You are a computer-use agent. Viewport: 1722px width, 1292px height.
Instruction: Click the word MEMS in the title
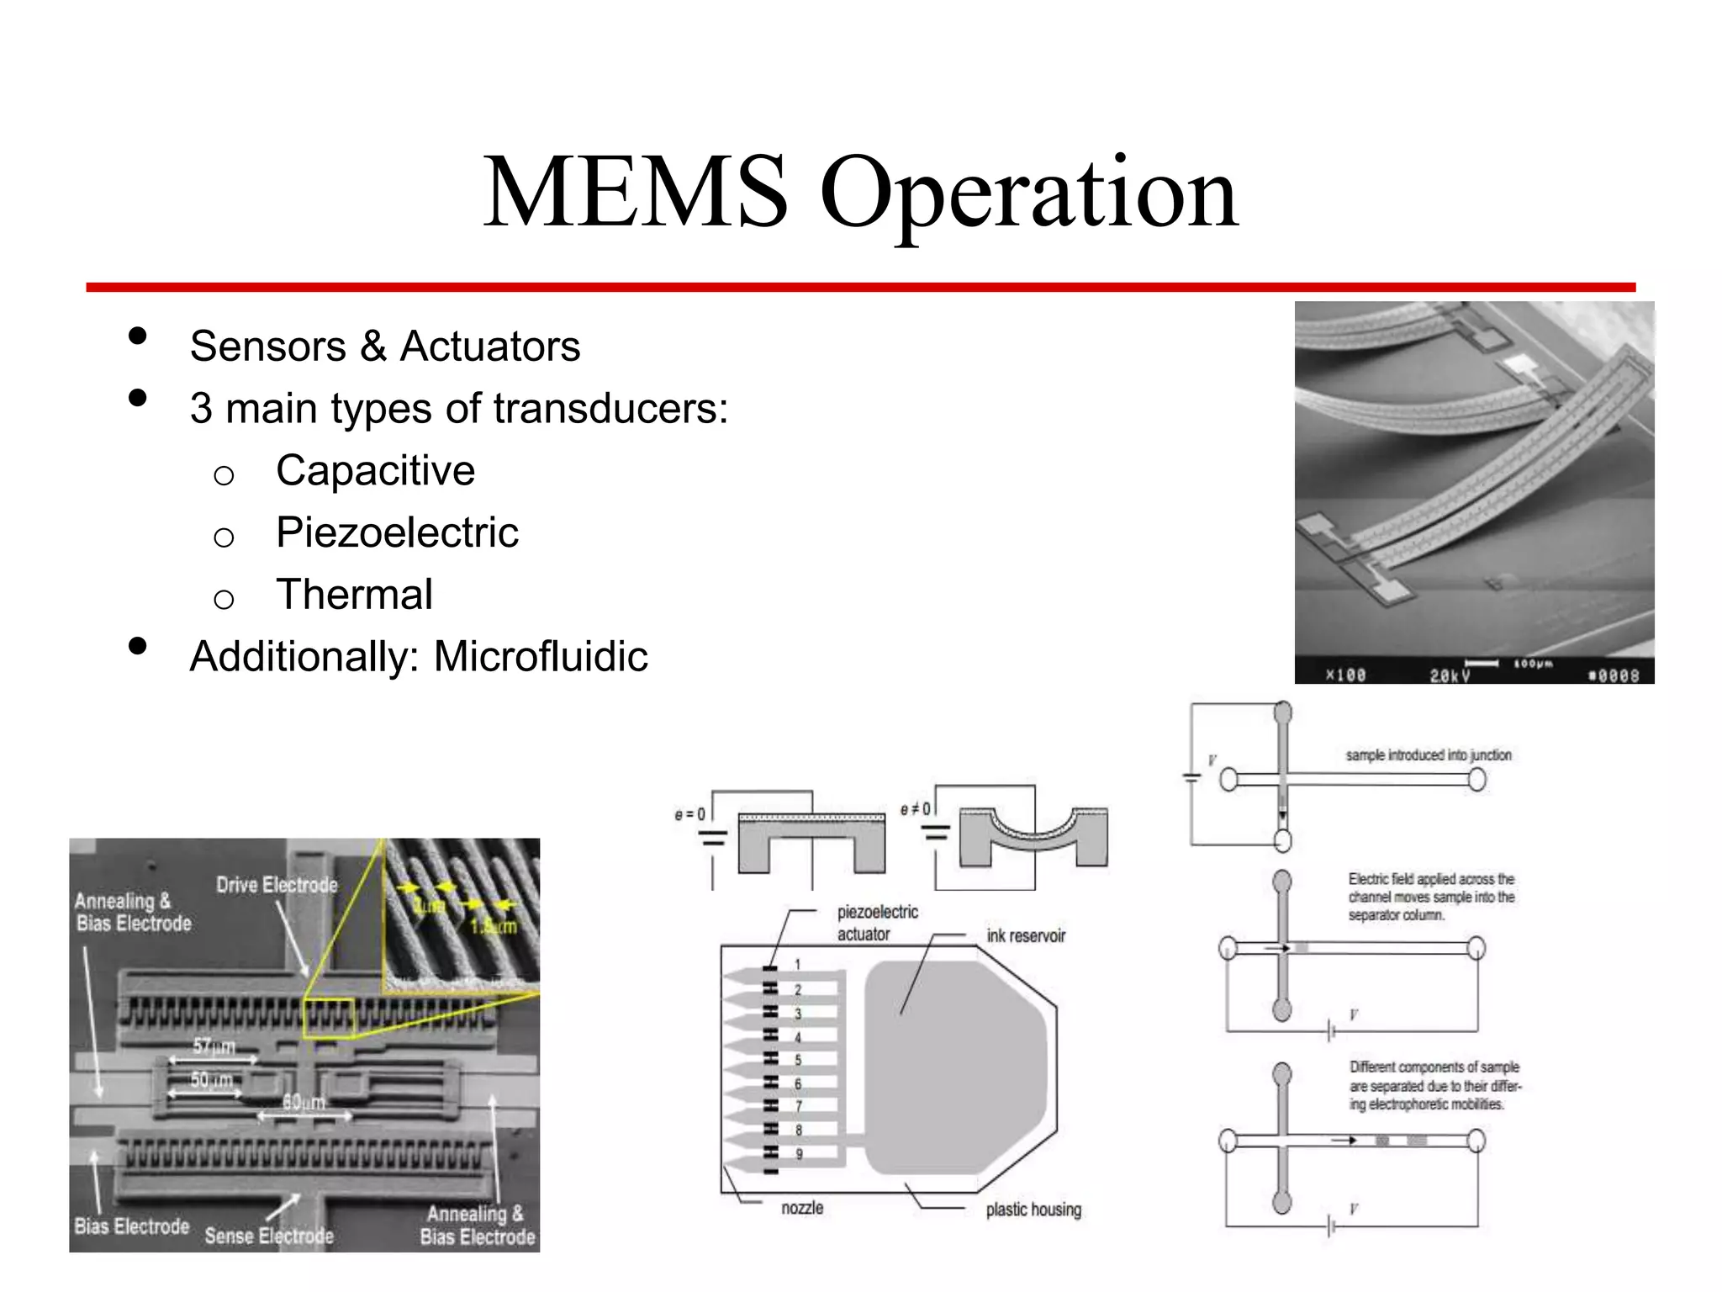point(636,193)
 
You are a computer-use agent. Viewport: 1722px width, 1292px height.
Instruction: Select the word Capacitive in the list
point(375,470)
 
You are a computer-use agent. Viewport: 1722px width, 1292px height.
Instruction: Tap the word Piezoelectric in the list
point(397,532)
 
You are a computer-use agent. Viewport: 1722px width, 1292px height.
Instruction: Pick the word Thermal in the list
point(354,595)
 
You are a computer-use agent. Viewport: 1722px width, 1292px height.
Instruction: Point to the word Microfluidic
point(541,657)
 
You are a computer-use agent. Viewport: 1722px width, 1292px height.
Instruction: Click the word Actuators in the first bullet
point(490,347)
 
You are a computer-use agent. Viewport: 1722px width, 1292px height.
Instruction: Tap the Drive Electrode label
point(277,885)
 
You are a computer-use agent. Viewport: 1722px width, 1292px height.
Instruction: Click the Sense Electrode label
point(269,1236)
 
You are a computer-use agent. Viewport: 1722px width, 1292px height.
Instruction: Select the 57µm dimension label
point(214,1046)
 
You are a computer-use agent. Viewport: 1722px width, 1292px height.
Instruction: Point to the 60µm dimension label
point(304,1102)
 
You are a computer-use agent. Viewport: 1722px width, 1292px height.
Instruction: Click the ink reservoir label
point(1026,936)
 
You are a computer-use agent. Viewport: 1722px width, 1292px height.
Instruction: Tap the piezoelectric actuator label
point(877,923)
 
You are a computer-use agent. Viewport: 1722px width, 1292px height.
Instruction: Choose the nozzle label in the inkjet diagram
point(802,1208)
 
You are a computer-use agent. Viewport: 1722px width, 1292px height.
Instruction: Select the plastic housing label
point(1033,1210)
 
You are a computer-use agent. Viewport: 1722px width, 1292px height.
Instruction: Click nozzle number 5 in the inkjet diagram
point(798,1060)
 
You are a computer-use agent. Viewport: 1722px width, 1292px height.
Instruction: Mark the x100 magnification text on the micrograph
point(1345,675)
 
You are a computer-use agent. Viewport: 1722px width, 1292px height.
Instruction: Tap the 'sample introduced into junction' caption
point(1429,755)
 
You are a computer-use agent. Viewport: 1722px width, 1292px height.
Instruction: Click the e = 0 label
point(690,814)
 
